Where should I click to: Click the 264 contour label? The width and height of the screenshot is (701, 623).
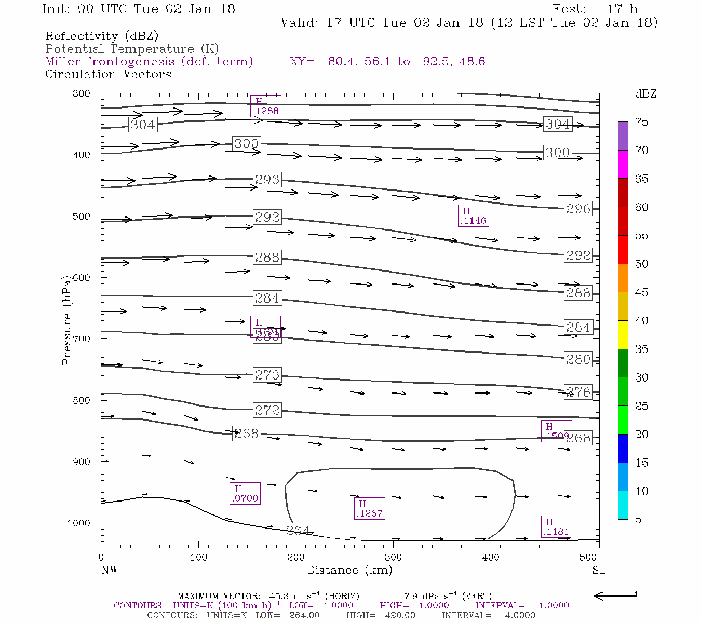click(299, 531)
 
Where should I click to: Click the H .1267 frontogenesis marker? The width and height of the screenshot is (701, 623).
click(369, 509)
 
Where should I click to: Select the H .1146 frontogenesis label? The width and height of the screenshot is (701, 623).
click(473, 216)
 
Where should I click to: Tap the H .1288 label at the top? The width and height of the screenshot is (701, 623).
click(265, 106)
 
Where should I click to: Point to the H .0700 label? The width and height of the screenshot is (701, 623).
click(245, 494)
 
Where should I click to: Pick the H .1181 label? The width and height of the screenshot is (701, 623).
click(556, 527)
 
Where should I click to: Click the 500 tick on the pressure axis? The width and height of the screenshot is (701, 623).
click(82, 216)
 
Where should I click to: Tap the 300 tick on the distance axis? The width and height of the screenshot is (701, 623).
click(393, 558)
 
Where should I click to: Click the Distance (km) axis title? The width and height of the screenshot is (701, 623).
click(350, 570)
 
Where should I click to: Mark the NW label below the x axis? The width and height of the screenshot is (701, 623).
click(109, 570)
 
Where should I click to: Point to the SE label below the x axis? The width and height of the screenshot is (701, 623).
click(599, 570)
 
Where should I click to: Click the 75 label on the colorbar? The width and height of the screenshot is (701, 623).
click(642, 122)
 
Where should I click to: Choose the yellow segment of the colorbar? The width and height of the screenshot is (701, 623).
click(623, 335)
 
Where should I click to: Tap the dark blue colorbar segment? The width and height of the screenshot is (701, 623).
click(623, 448)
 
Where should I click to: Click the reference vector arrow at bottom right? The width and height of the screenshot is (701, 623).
click(615, 595)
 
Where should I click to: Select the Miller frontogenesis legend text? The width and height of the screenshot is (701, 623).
click(149, 62)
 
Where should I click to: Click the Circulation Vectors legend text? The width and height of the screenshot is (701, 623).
click(108, 74)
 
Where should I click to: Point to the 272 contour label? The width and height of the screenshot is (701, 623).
click(267, 410)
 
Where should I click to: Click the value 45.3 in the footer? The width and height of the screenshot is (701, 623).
click(278, 596)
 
